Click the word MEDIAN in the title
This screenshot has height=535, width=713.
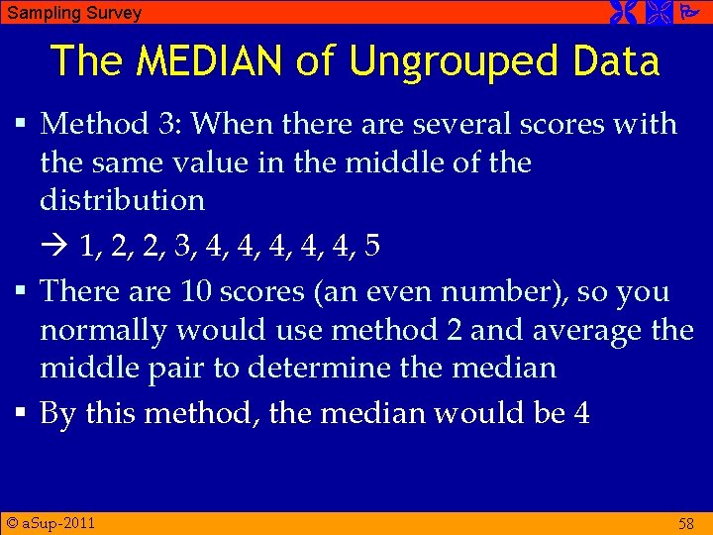pyautogui.click(x=209, y=61)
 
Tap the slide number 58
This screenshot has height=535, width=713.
pyautogui.click(x=685, y=524)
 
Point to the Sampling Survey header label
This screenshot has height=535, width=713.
pyautogui.click(x=74, y=13)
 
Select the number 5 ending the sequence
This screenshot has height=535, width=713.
pyautogui.click(x=371, y=246)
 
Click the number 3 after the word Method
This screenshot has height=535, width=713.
pyautogui.click(x=165, y=125)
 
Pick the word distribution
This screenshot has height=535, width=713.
pyautogui.click(x=122, y=200)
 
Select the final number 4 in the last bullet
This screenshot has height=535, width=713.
pyautogui.click(x=581, y=413)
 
